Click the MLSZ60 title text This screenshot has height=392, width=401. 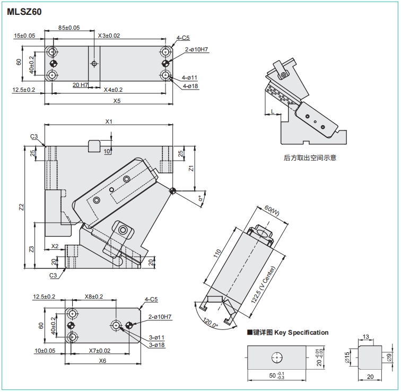point(24,11)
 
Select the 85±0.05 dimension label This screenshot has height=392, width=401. point(69,28)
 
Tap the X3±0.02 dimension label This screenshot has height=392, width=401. point(109,36)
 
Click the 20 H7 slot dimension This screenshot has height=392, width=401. point(81,85)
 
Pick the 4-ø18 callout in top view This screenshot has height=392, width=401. point(190,86)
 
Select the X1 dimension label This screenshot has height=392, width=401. point(109,121)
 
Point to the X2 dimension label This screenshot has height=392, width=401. point(55,246)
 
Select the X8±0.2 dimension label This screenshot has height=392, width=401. point(94,297)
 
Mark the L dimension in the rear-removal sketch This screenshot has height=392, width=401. point(272,111)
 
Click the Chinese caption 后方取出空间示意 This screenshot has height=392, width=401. point(310,158)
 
